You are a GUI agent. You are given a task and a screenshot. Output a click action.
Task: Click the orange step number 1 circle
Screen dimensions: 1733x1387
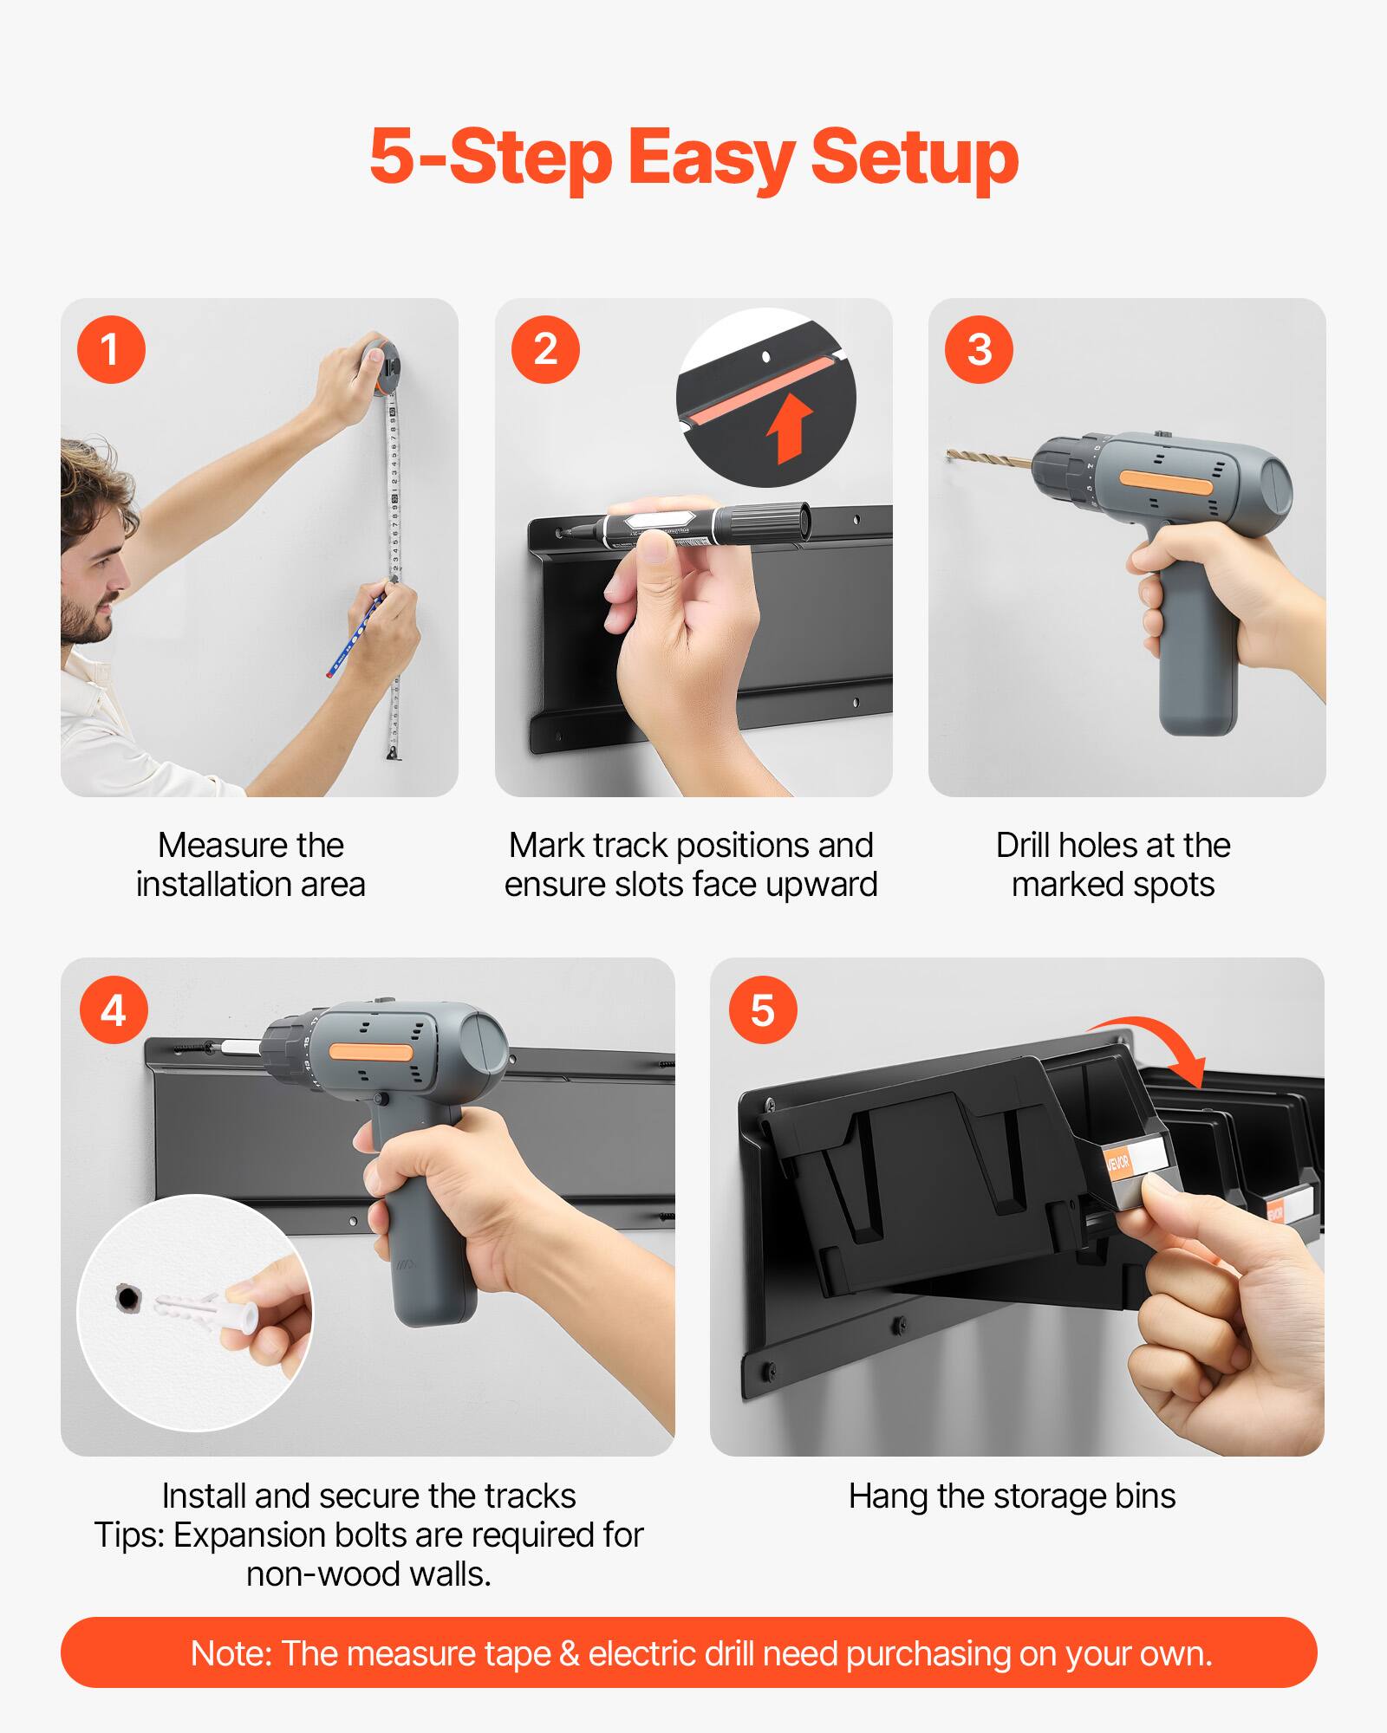(111, 350)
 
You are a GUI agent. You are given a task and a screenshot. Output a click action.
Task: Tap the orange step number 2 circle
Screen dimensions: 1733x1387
(545, 350)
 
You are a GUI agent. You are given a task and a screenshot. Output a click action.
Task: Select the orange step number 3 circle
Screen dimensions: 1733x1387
(979, 350)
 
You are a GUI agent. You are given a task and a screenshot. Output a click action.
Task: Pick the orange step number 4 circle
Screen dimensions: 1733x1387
(114, 1010)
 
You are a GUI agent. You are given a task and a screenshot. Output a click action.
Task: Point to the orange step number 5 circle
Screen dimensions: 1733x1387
(763, 1010)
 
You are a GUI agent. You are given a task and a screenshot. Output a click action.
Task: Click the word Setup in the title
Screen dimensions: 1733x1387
(914, 158)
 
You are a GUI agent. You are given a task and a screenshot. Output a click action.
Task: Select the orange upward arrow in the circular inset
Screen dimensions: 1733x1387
(790, 427)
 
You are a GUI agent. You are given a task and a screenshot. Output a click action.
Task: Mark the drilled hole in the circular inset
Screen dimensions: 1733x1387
(128, 1298)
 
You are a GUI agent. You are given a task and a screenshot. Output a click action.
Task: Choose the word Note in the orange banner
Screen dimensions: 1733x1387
(229, 1653)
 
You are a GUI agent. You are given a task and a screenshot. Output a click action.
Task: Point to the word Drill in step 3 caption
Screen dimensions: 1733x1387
(1024, 845)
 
